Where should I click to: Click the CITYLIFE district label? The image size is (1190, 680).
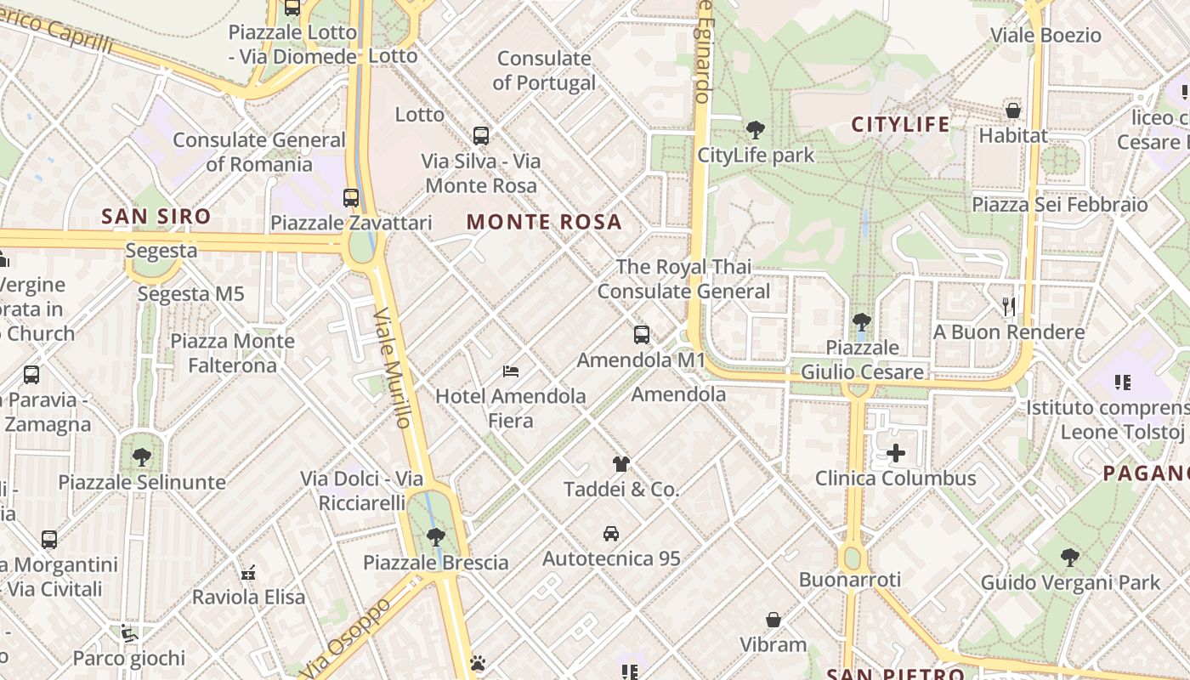click(900, 124)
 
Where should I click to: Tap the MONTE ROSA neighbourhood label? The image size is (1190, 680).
click(544, 223)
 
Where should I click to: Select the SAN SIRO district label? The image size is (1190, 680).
click(156, 216)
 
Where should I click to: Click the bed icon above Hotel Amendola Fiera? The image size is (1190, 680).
click(511, 371)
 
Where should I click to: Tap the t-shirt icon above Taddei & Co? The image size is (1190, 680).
click(621, 464)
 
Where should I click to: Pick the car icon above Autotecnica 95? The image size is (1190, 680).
click(610, 534)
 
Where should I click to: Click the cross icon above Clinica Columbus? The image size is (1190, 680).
click(895, 453)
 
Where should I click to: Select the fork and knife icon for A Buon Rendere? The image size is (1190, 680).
click(1009, 306)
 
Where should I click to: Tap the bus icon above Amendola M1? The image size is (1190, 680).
click(642, 335)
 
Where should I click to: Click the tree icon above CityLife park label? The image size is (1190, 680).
click(755, 130)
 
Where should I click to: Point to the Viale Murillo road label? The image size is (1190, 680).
click(392, 367)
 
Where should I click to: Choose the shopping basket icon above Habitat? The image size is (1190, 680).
click(1012, 110)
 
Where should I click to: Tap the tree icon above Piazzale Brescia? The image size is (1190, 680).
click(435, 537)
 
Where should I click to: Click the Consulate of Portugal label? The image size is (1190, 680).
click(544, 71)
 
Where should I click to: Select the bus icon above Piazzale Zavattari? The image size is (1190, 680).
click(351, 198)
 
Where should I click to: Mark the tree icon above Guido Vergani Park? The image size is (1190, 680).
click(1070, 558)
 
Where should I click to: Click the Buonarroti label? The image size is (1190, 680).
click(849, 580)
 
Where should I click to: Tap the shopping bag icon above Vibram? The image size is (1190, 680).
click(773, 620)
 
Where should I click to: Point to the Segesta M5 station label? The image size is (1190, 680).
click(190, 294)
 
